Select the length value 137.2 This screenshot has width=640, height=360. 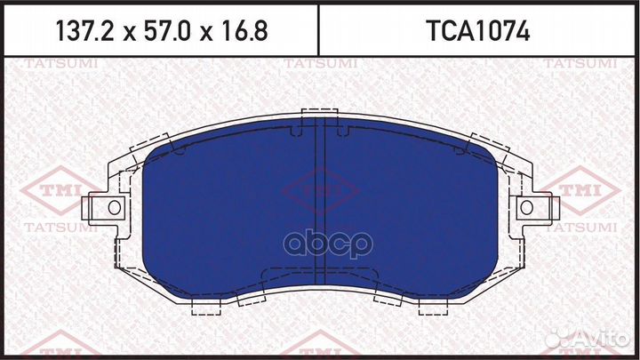(x=84, y=33)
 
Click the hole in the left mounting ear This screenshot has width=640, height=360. (x=113, y=208)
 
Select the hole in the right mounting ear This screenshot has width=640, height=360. (x=526, y=208)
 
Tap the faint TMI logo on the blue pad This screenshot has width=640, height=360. (x=320, y=191)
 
